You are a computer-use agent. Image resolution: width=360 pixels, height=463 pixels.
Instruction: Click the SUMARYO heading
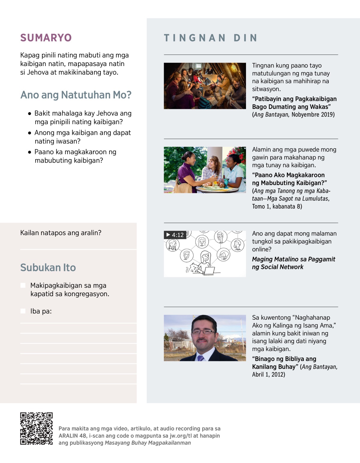click(x=46, y=38)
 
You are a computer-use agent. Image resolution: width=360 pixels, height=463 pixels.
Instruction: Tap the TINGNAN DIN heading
click(x=211, y=38)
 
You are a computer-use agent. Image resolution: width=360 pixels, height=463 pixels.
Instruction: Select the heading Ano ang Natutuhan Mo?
click(x=76, y=95)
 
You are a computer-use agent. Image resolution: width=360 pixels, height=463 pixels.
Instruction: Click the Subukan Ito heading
click(x=48, y=267)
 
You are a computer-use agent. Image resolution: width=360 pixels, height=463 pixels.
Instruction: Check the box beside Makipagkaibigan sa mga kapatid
click(x=23, y=285)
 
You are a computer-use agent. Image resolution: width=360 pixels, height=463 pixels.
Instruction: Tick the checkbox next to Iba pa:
click(x=23, y=311)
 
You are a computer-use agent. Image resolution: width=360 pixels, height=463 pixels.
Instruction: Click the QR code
click(x=36, y=428)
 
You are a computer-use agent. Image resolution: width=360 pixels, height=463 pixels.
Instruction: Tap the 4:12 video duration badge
click(x=175, y=235)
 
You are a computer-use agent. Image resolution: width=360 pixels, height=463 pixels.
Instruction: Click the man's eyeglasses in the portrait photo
click(x=203, y=332)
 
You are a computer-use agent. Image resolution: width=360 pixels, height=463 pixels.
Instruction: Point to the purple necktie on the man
click(x=200, y=358)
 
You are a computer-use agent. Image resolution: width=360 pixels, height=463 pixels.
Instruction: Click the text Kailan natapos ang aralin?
click(x=61, y=233)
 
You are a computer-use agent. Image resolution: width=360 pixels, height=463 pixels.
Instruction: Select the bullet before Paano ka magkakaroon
click(x=29, y=152)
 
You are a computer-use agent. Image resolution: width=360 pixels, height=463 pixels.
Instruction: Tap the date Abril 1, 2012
click(x=268, y=374)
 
